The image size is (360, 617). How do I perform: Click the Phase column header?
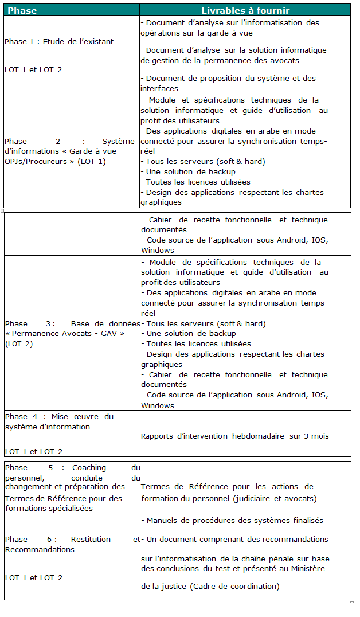point(22,10)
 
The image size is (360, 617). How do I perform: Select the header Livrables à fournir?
point(245,10)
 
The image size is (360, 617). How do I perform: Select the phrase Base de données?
point(105,323)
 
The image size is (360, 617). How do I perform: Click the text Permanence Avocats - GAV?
point(65,333)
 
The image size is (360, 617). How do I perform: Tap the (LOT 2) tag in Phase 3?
point(19,343)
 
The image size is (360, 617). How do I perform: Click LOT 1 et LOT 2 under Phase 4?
point(34,451)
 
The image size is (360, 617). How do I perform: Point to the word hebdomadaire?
point(257,436)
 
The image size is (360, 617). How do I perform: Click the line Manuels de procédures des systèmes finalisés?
point(234,520)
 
